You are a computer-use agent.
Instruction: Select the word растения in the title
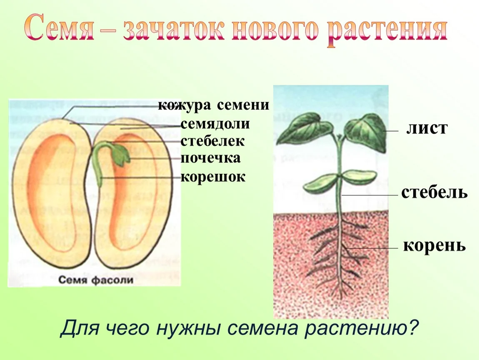tap(388, 31)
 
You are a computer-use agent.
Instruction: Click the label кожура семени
tap(214, 105)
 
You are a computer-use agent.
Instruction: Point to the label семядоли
tap(215, 124)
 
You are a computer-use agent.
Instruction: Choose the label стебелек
tap(212, 141)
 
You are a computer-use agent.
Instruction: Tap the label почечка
tap(210, 158)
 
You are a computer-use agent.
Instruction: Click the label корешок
tap(213, 177)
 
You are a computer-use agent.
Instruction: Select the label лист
tap(427, 128)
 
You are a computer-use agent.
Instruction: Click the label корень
tap(434, 245)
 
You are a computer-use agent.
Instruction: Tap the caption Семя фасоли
tap(96, 280)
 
